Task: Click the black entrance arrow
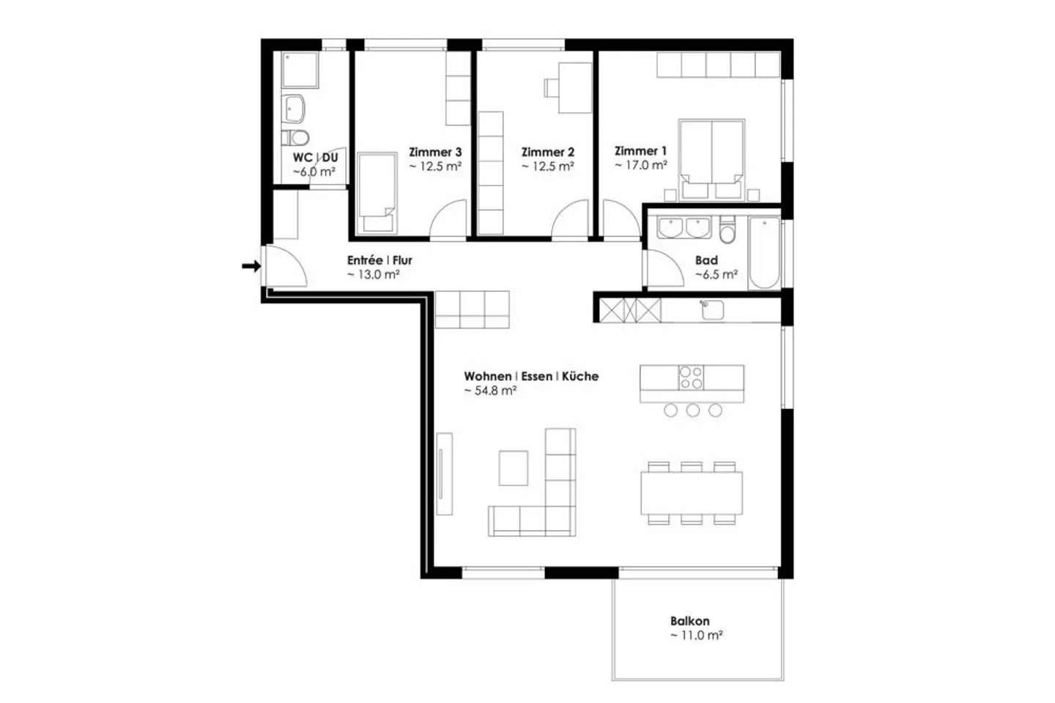tap(251, 266)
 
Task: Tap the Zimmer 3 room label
tap(435, 152)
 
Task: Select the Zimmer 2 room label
tap(548, 152)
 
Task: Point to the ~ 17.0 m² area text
tap(641, 166)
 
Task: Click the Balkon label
tap(690, 621)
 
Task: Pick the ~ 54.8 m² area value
tap(491, 391)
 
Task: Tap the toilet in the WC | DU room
tap(295, 138)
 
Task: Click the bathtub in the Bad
tap(764, 253)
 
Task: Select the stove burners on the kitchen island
tap(691, 378)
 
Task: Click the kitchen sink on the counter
tap(712, 310)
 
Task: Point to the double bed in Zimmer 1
tap(711, 160)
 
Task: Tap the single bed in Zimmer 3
tap(377, 194)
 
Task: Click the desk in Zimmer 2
tap(575, 88)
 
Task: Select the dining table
tap(692, 493)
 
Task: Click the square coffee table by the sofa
tap(514, 468)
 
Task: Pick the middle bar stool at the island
tap(693, 411)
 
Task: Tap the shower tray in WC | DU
tap(300, 70)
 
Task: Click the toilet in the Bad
tap(728, 230)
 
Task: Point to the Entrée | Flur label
tap(380, 260)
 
